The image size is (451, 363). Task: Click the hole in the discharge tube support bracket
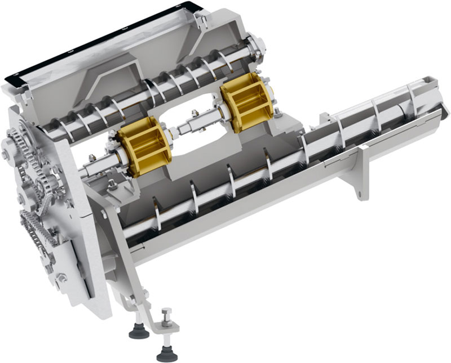click(x=359, y=193)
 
